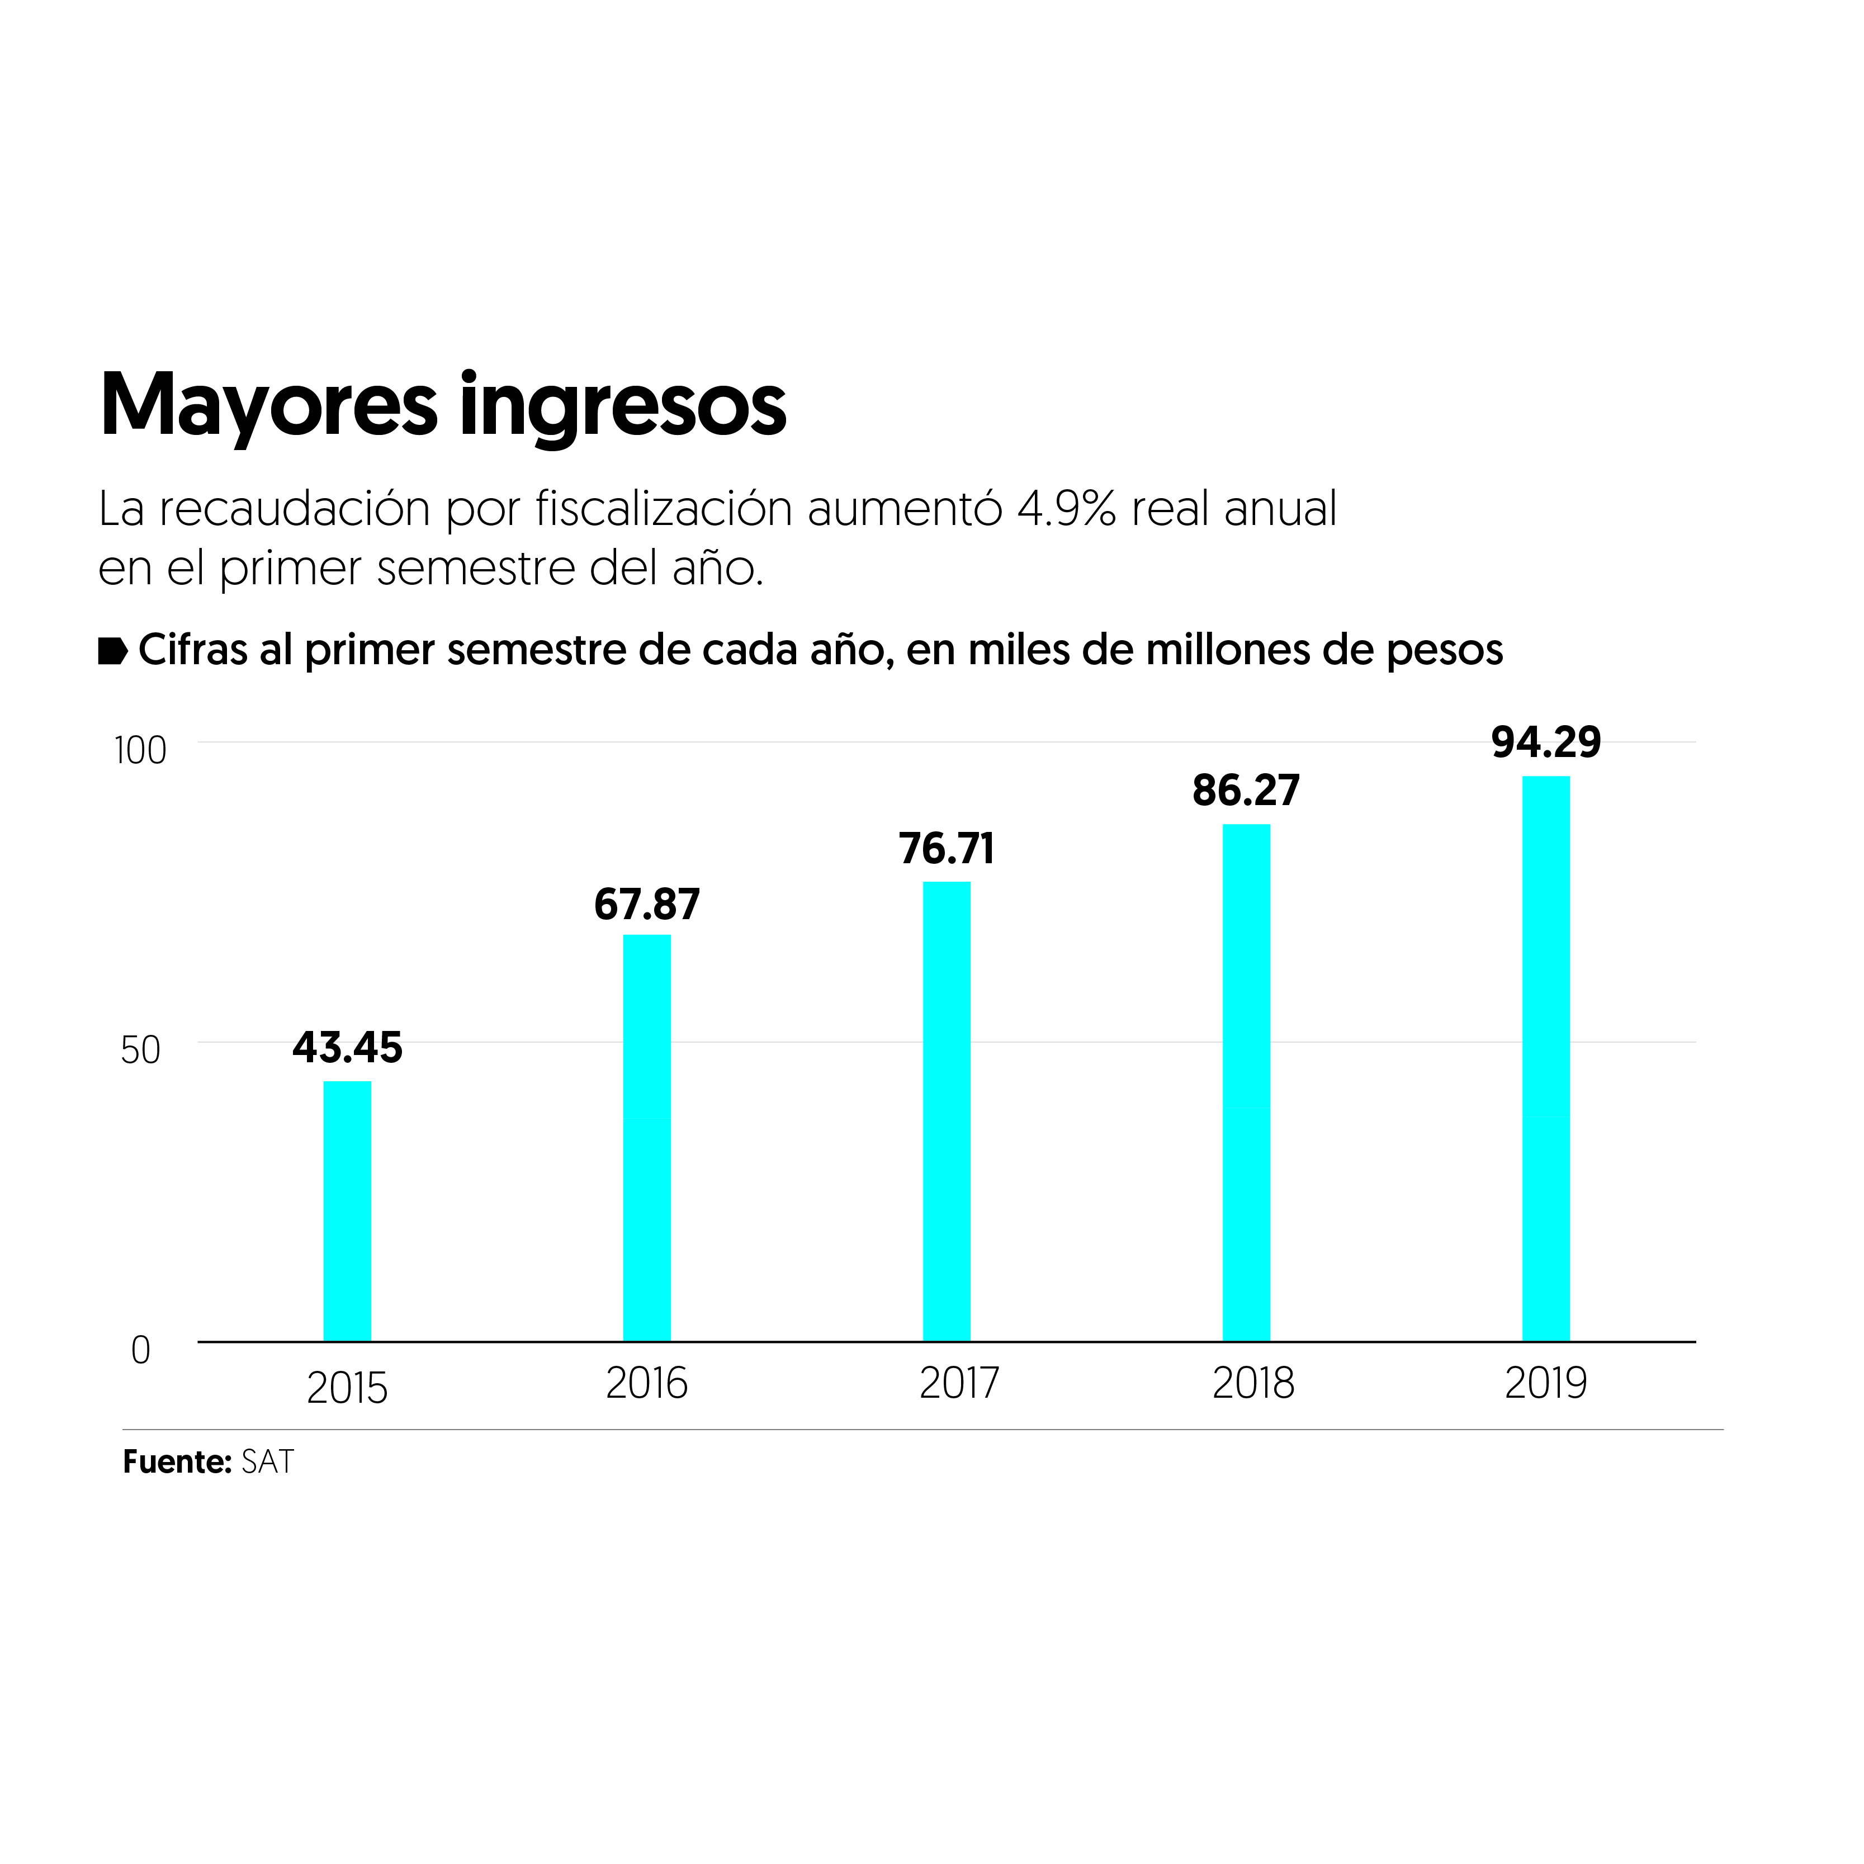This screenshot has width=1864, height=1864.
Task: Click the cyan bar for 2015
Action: point(347,1211)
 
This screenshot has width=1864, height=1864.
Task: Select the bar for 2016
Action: point(646,1138)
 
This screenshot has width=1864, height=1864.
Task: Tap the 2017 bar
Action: point(947,1111)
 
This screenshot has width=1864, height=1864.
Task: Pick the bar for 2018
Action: point(1247,1082)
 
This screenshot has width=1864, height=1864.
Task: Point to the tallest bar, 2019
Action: point(1546,1058)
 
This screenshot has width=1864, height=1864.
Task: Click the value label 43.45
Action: point(347,1048)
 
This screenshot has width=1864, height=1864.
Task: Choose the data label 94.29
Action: point(1546,742)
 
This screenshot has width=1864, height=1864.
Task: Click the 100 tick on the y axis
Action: point(141,751)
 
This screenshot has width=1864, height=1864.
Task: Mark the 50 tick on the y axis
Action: point(141,1051)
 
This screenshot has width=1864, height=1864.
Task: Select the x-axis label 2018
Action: point(1252,1384)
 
